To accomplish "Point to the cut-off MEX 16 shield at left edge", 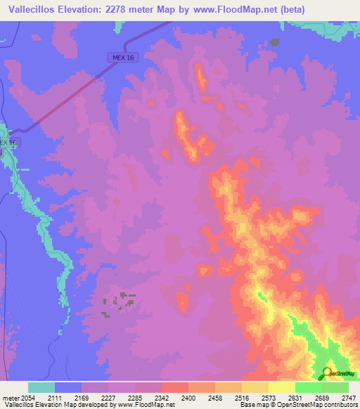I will point(6,143).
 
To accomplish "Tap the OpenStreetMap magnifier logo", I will point(328,373).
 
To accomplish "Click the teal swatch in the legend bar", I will point(41,387).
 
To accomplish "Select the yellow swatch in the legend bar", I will point(281,387).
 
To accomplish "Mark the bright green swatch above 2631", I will point(308,387).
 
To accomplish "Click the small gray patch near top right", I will point(274,42).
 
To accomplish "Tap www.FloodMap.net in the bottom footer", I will point(146,405).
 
